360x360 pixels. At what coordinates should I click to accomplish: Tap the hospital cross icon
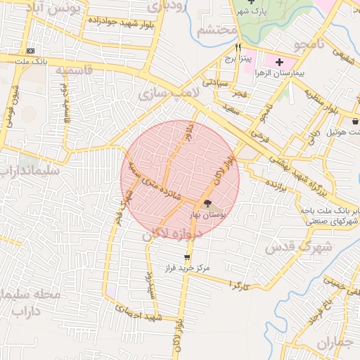(x=280, y=62)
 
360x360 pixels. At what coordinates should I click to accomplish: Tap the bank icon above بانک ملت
(x=30, y=51)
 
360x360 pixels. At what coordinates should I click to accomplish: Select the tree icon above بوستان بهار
(x=208, y=203)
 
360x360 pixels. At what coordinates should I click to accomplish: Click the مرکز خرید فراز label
(x=188, y=268)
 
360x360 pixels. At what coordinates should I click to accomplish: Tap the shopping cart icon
(x=187, y=257)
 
